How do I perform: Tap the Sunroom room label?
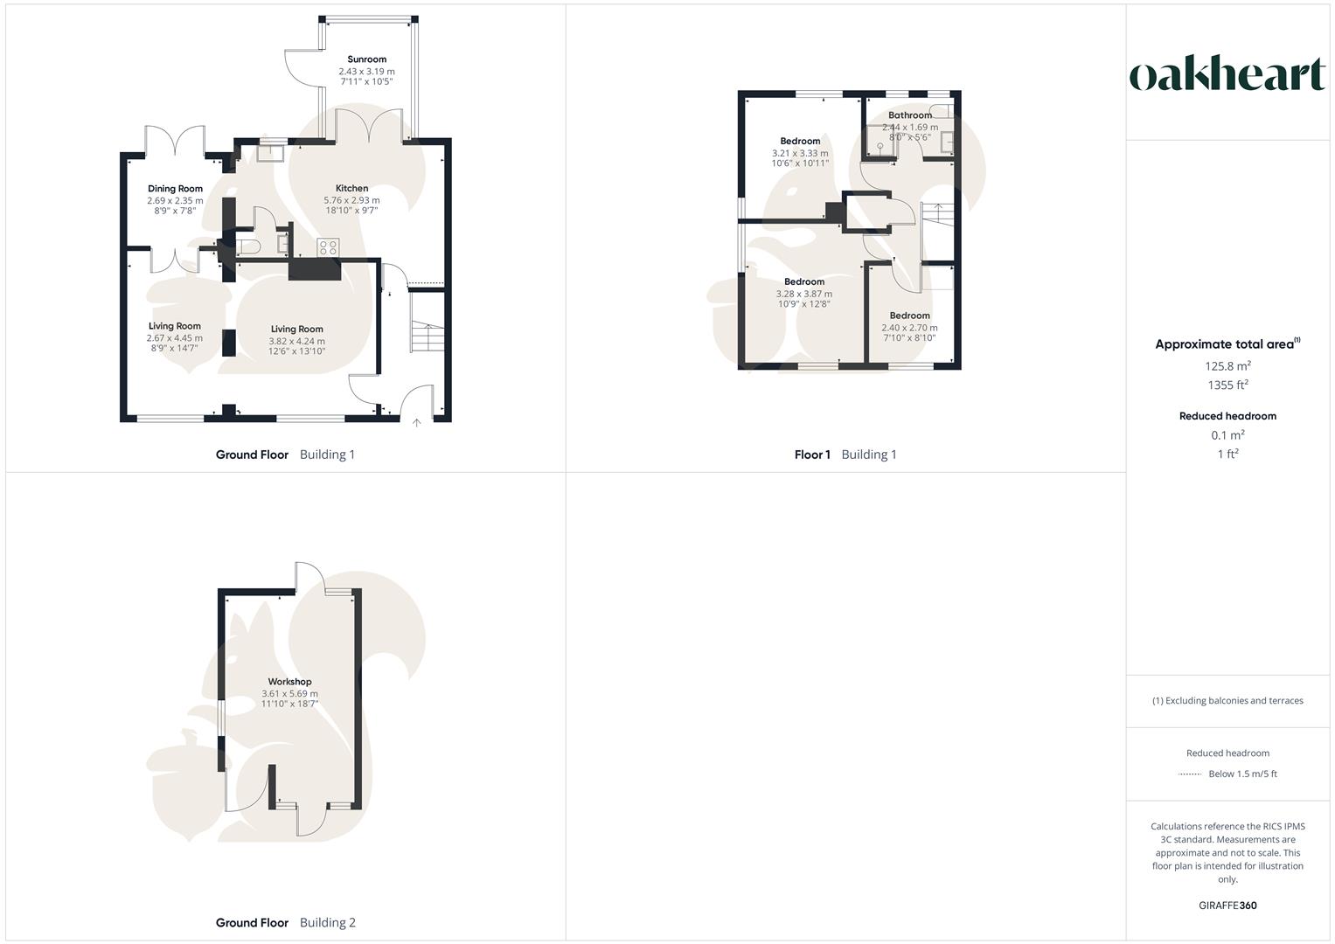point(366,59)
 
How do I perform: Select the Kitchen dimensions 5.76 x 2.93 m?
point(351,200)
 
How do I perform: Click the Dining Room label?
point(175,189)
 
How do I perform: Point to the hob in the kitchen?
point(328,247)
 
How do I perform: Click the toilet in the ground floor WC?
point(249,245)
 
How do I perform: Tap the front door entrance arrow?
point(417,423)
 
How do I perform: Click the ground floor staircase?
point(426,337)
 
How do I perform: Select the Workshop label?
point(289,682)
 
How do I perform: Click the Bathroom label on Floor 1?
point(909,115)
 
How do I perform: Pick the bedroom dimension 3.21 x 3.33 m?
point(799,153)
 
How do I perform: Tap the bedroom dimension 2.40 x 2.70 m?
point(909,328)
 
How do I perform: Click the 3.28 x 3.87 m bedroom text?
point(803,294)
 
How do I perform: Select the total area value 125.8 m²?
point(1227,366)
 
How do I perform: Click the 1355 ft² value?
point(1227,385)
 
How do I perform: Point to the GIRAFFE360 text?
point(1227,906)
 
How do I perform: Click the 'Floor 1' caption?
point(812,455)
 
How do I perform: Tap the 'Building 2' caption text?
point(327,922)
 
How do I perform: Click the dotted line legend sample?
point(1190,774)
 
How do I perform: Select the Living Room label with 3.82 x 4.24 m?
point(296,330)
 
